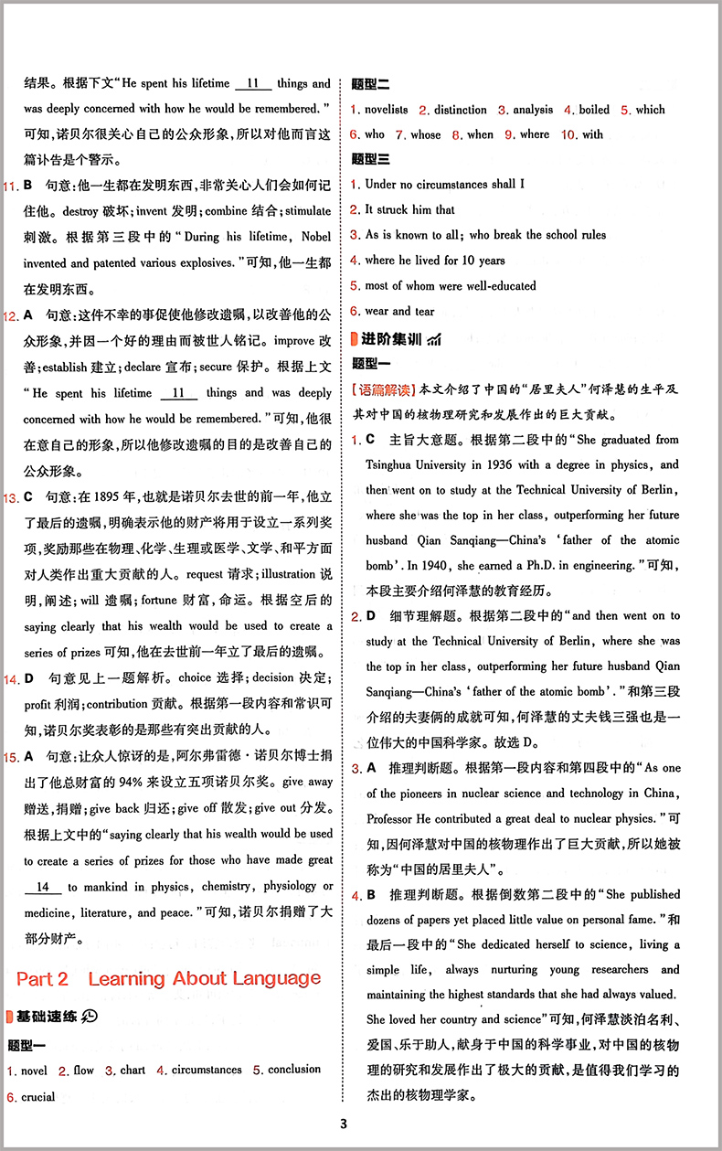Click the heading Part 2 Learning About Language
click(x=169, y=978)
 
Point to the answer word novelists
click(x=387, y=110)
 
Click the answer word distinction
click(x=460, y=110)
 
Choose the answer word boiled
click(x=594, y=110)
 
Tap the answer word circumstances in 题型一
click(x=207, y=1070)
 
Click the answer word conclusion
click(x=294, y=1070)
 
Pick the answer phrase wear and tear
click(x=400, y=311)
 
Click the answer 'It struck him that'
click(x=409, y=209)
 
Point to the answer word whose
click(x=425, y=134)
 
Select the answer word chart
click(x=133, y=1070)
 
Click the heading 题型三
click(x=370, y=159)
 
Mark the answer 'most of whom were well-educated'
click(x=451, y=285)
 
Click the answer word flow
click(x=83, y=1070)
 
